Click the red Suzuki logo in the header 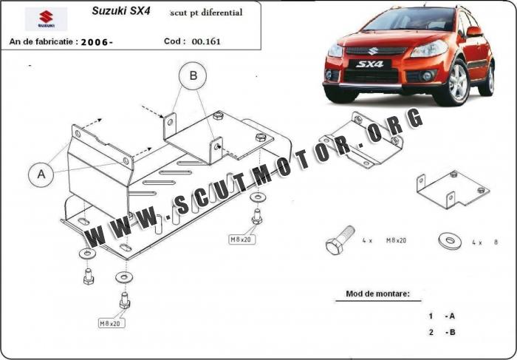coord(46,18)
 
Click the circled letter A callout coord(41,174)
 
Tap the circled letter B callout coord(193,75)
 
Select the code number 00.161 coord(206,41)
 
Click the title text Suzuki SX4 coord(121,11)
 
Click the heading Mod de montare coord(378,293)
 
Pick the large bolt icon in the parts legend coord(340,240)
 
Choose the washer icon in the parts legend coord(450,240)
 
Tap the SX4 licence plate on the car coord(369,64)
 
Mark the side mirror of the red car coord(474,32)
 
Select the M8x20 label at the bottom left coord(112,323)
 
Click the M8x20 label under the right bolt coord(242,240)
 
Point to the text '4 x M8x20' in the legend coord(385,241)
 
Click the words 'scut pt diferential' coord(206,13)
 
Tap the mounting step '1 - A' coord(442,316)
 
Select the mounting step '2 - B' coord(442,333)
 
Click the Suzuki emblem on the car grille coord(373,51)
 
